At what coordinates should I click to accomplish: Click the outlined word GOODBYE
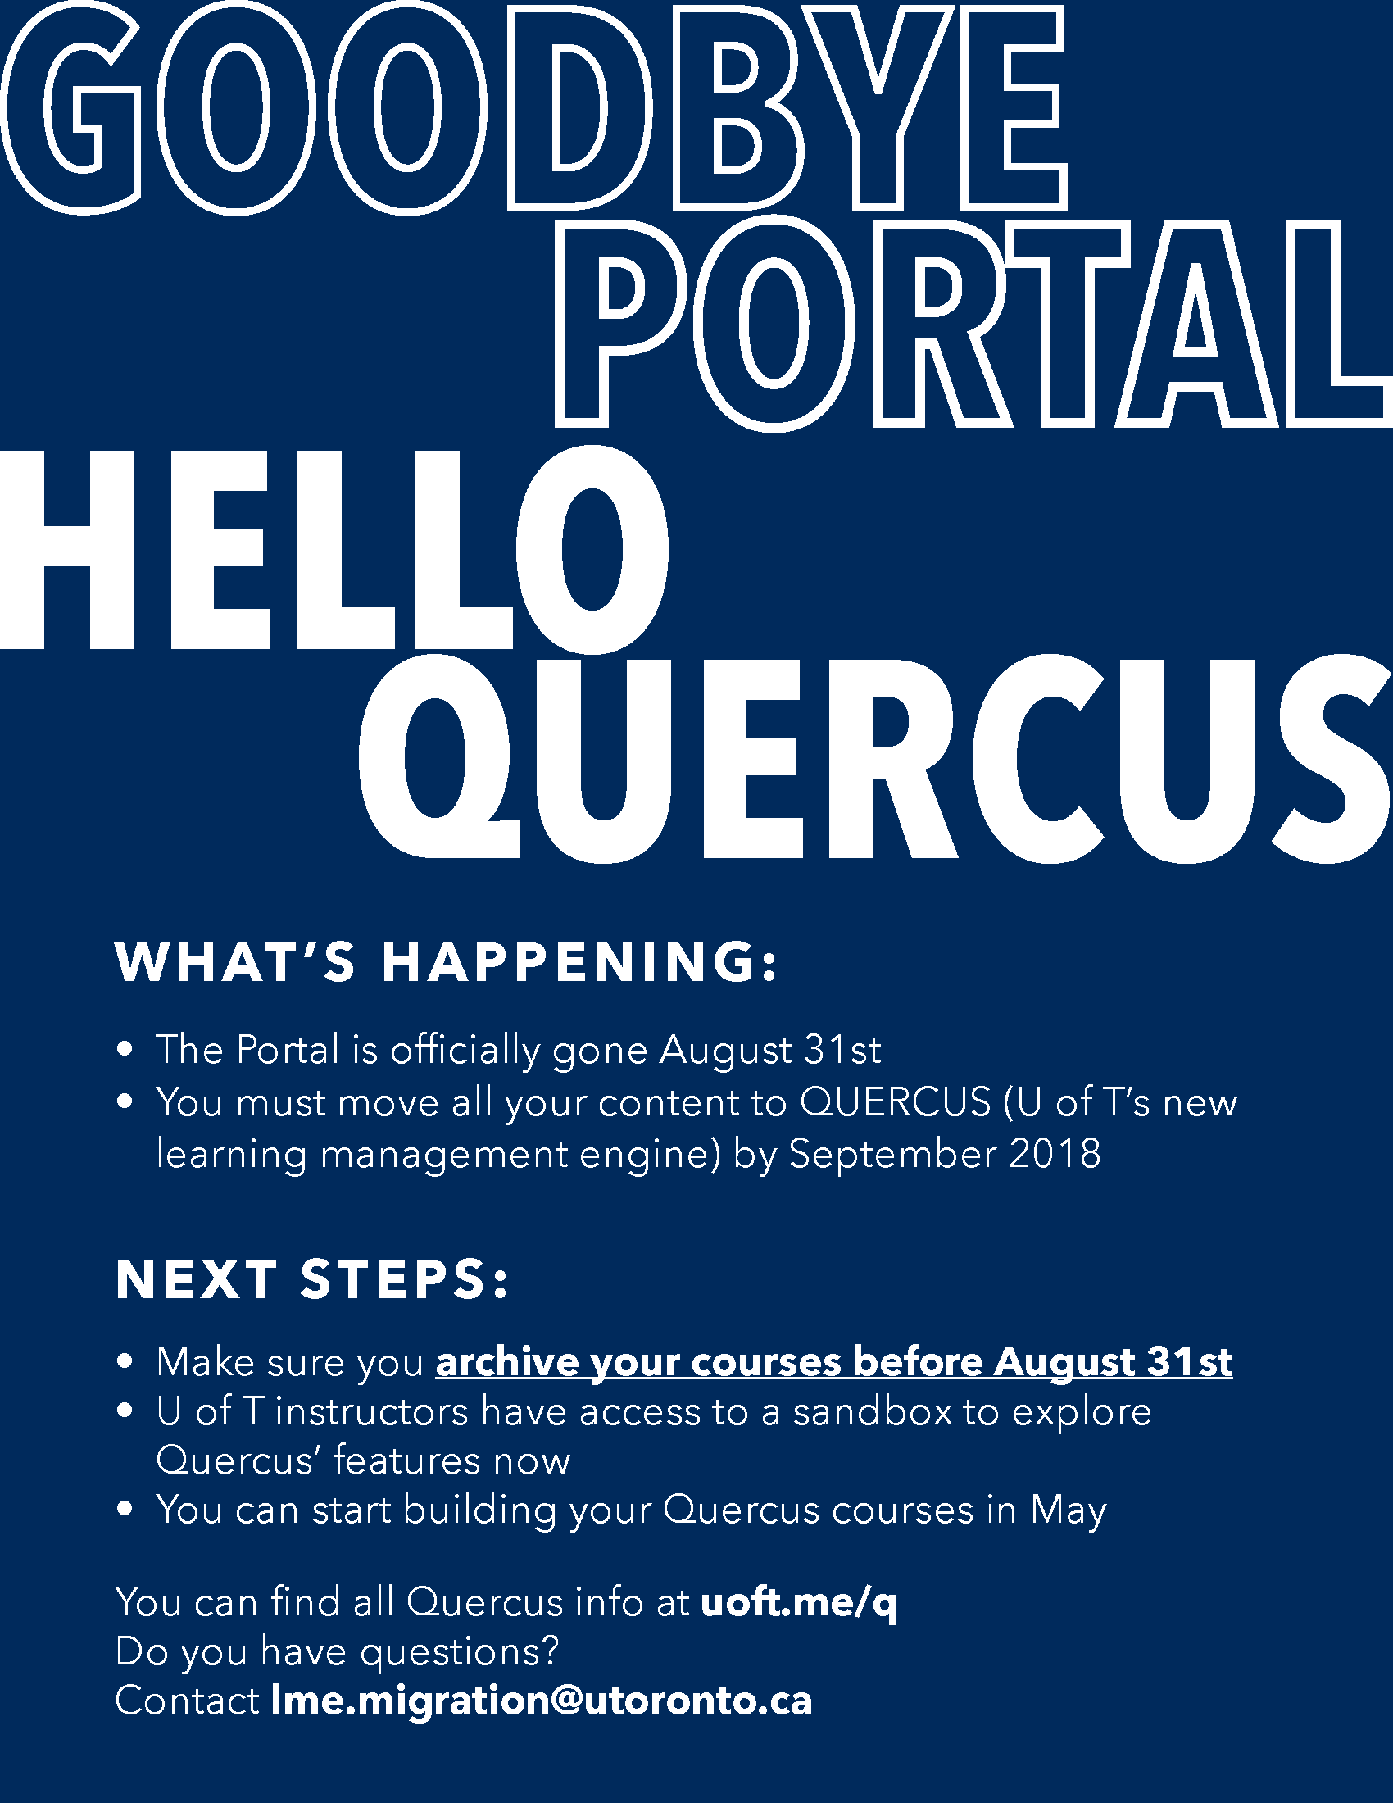[x=535, y=108]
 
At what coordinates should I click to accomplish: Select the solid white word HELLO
[x=334, y=550]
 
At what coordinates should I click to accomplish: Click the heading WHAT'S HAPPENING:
[x=447, y=963]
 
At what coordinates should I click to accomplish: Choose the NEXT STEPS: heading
[x=312, y=1279]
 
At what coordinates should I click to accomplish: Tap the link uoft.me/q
[x=798, y=1602]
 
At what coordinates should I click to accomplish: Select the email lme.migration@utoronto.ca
[x=542, y=1700]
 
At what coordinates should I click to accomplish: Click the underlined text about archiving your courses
[x=833, y=1362]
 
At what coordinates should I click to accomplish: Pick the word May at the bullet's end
[x=1068, y=1510]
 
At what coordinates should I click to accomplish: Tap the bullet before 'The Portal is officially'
[x=125, y=1050]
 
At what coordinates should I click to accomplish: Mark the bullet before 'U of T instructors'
[x=125, y=1411]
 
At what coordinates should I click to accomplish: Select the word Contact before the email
[x=188, y=1701]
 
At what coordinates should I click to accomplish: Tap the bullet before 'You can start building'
[x=125, y=1510]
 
